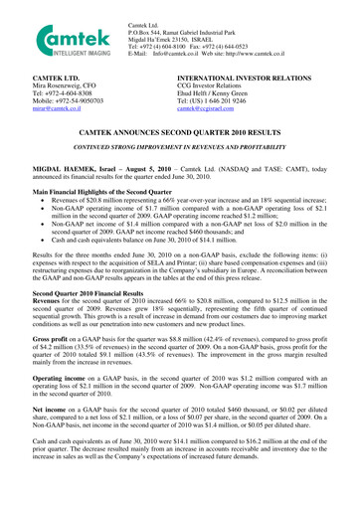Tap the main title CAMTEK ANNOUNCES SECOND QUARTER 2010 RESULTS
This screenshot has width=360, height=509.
[x=179, y=130]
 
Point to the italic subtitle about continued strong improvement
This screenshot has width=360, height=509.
[x=179, y=146]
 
